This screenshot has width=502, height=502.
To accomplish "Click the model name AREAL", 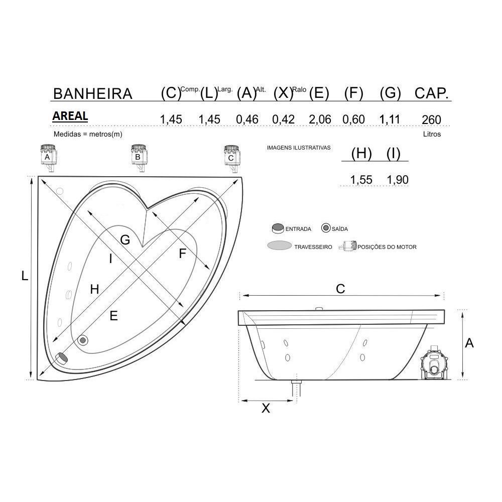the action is [70, 116].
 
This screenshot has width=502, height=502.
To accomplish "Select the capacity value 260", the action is [431, 120].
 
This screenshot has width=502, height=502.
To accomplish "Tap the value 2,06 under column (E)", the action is [320, 119].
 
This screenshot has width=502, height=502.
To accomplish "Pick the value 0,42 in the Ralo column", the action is [283, 119].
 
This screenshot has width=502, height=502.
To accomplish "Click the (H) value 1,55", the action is [361, 180].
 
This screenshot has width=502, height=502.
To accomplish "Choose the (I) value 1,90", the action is [398, 180].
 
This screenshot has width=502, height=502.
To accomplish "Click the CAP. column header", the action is [431, 93].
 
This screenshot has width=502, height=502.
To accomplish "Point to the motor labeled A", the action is [48, 158].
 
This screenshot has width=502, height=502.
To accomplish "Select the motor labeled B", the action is [139, 158].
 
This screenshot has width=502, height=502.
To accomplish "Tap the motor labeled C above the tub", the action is [232, 159].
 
